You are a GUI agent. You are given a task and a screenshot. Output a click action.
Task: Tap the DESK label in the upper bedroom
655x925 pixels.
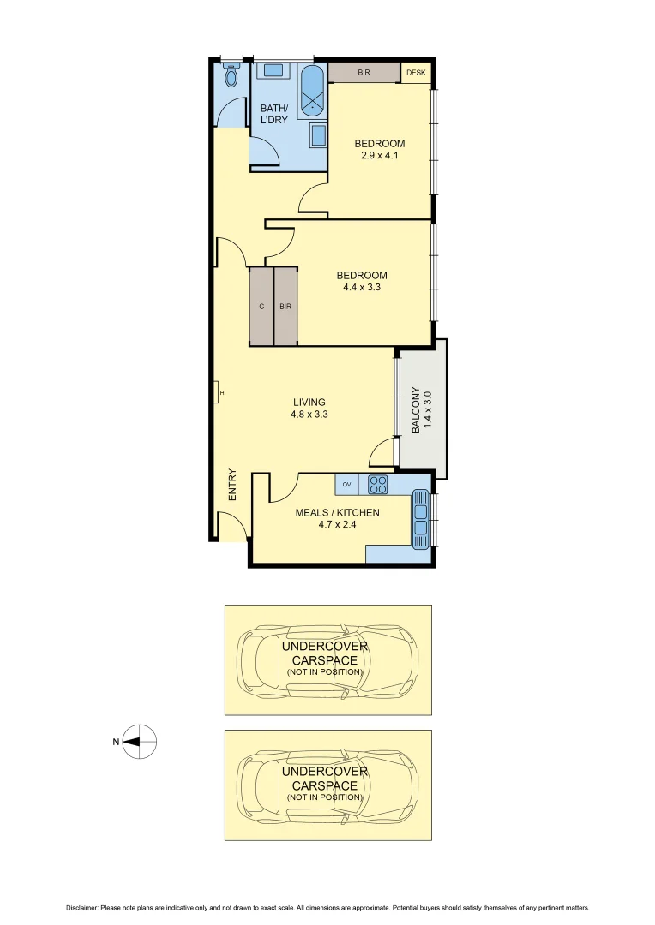(416, 73)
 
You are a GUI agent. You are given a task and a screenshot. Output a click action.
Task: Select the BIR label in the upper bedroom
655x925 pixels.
(364, 73)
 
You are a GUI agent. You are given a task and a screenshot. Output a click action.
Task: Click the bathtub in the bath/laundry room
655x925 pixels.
(313, 91)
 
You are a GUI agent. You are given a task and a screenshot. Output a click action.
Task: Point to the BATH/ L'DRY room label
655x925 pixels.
(274, 113)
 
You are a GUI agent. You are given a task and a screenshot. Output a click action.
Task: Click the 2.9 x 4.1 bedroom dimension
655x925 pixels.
(379, 156)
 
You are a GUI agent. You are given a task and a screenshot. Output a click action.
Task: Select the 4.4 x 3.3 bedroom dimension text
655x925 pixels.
(361, 288)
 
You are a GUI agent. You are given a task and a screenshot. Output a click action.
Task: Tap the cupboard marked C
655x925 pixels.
(261, 306)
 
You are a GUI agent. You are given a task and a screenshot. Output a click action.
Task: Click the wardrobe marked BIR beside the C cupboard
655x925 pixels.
(285, 306)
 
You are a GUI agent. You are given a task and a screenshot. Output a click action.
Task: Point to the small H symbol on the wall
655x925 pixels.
(220, 393)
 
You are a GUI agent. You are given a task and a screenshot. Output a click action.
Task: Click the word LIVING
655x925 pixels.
(309, 402)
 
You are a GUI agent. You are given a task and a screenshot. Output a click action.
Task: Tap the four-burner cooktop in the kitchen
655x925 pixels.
(378, 485)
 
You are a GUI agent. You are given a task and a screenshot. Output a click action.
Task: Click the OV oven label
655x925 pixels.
(347, 485)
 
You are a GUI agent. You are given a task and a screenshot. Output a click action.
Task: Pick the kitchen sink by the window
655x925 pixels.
(421, 518)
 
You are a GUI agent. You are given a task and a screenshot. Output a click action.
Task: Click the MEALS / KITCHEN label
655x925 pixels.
(337, 512)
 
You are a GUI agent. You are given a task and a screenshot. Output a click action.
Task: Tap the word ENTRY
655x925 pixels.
(231, 485)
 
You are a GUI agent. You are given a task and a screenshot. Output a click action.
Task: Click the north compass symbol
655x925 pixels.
(140, 742)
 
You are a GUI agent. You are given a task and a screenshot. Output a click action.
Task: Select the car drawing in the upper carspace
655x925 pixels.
(328, 659)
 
